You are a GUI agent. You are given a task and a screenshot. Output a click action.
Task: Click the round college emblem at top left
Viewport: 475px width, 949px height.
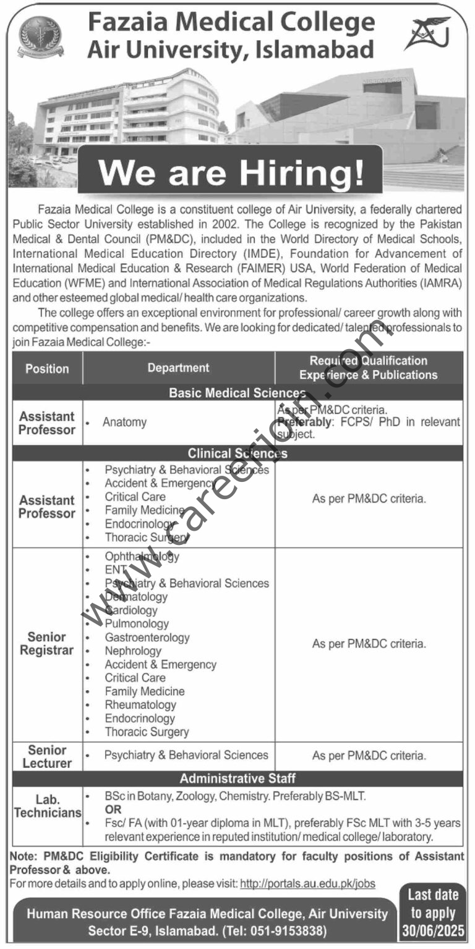40,36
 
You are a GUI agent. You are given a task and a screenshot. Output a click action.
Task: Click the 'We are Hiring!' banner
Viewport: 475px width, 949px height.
230,174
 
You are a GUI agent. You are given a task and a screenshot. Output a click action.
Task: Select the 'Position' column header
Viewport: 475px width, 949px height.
47,369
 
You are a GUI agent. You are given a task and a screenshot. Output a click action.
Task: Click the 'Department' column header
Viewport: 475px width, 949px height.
178,368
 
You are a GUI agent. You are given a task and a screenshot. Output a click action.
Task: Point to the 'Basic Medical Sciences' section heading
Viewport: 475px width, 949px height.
237,393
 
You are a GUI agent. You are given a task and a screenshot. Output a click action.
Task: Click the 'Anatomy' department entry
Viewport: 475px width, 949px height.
125,423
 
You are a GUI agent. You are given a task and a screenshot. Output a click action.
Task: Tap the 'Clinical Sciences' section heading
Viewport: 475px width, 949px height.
237,454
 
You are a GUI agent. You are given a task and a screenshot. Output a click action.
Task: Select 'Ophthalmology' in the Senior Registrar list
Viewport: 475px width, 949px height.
142,556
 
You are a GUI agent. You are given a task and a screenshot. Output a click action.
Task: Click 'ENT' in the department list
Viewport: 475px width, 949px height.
115,570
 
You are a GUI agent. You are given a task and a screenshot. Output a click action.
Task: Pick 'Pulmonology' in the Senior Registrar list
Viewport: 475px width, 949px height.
137,624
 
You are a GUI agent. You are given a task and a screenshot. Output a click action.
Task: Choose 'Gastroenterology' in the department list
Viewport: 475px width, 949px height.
147,638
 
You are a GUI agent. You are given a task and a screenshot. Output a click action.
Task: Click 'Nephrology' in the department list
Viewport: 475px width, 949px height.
133,651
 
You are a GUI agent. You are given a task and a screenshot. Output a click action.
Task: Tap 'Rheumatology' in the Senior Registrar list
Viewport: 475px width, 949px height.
140,705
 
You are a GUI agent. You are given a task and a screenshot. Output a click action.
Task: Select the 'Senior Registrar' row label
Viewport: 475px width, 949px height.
46,644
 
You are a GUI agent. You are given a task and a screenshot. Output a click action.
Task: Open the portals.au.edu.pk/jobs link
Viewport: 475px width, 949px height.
307,884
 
